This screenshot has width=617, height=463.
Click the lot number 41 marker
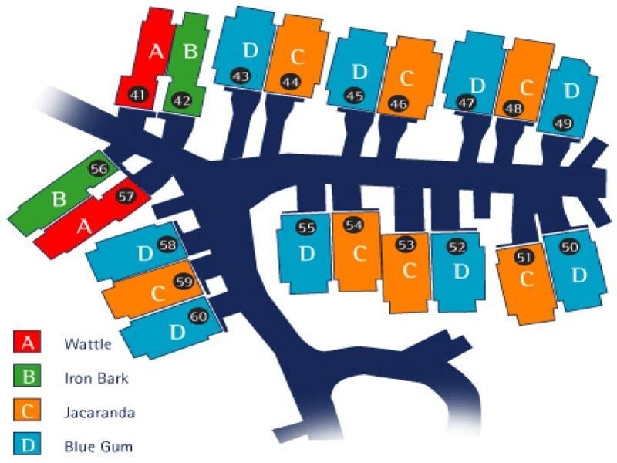point(139,95)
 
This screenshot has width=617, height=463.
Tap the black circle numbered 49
point(563,123)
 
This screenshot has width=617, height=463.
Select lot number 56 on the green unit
point(99,169)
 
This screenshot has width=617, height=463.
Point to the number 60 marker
point(199,316)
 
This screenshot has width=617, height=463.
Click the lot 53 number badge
point(406,245)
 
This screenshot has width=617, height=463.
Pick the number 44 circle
point(291,83)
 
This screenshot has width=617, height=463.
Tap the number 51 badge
point(524,258)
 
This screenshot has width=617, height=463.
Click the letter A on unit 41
point(157,51)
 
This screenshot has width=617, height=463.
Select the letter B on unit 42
point(190,51)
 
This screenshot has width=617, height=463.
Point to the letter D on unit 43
point(250,50)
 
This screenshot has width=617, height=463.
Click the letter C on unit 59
point(158,293)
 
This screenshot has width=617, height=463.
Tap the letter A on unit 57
point(84,226)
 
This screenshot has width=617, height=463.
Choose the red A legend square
point(27,341)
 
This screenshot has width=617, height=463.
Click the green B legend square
point(27,375)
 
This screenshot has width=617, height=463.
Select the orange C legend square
point(27,410)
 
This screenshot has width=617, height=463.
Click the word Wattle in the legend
point(88,344)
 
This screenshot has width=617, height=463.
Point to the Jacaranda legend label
point(99,412)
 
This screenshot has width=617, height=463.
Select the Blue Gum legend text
point(99,447)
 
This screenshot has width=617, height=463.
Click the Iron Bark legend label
point(96,378)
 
